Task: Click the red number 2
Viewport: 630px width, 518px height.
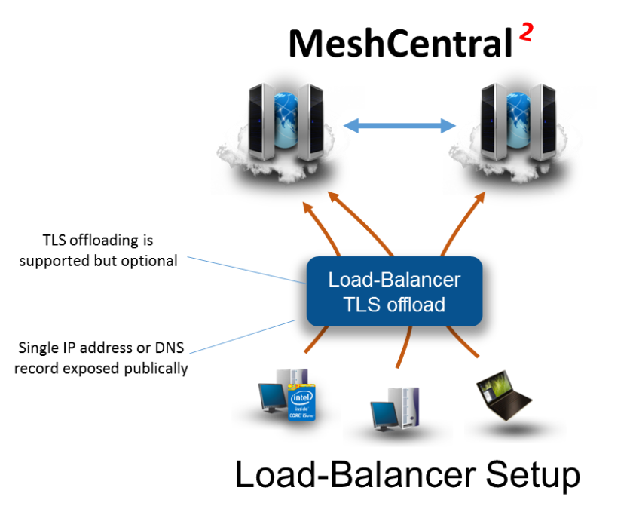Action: click(526, 32)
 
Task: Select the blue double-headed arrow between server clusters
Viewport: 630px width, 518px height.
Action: click(401, 126)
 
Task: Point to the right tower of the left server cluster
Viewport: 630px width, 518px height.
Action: click(310, 121)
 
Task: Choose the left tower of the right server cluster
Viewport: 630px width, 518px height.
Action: click(493, 121)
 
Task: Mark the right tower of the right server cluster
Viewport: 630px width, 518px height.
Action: click(543, 121)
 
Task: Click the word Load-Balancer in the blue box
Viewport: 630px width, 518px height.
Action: click(394, 280)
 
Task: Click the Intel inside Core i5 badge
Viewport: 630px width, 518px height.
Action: click(301, 403)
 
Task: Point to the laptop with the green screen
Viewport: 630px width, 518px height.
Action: click(503, 394)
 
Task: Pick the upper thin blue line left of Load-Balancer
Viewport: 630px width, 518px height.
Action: click(245, 270)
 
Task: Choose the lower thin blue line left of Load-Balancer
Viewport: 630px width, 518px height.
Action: click(241, 337)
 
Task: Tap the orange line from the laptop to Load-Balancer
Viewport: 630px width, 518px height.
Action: click(463, 342)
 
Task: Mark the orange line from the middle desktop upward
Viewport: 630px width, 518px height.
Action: click(403, 347)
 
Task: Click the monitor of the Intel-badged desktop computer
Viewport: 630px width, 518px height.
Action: click(271, 396)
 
